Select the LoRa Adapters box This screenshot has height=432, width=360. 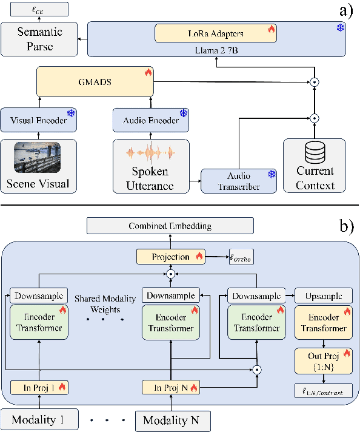(x=216, y=33)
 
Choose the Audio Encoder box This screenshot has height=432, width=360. (x=151, y=120)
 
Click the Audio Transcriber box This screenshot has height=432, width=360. (x=240, y=181)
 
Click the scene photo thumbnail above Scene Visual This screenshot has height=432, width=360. (x=38, y=158)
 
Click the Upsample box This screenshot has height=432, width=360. (x=323, y=296)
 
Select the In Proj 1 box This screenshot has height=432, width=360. (x=38, y=386)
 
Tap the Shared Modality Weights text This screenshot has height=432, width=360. (x=102, y=304)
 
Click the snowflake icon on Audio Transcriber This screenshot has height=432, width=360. (x=272, y=175)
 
